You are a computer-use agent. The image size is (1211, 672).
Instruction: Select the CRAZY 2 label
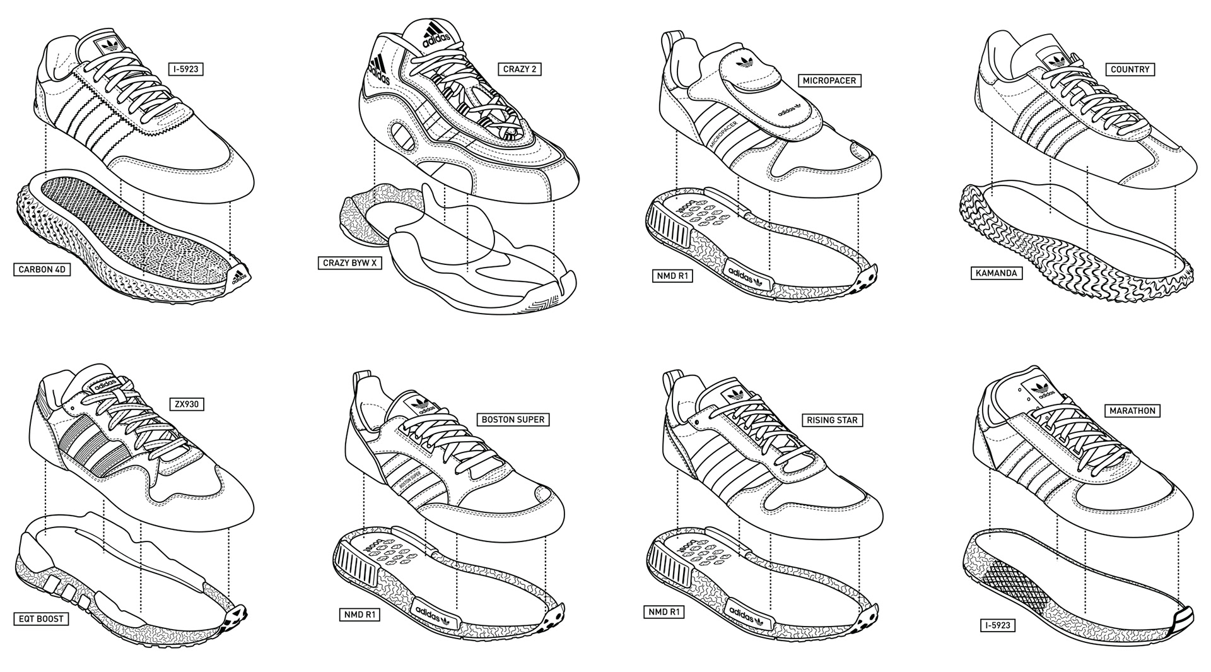point(520,69)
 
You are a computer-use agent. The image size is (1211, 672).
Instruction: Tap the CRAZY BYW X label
point(350,262)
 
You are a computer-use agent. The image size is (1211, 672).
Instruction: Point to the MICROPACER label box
point(829,81)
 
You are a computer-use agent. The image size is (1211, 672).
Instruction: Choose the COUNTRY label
point(1130,69)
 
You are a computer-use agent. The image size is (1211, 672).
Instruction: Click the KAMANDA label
point(996,273)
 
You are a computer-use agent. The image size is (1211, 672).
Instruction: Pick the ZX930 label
point(187,404)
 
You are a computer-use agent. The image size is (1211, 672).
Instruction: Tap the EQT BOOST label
point(41,618)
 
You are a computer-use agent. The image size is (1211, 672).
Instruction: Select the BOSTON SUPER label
point(512,419)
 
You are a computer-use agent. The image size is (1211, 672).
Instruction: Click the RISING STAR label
point(832,420)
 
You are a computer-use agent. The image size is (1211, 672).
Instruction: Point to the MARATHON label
point(1133,411)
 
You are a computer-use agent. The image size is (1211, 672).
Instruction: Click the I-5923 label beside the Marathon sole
point(997,625)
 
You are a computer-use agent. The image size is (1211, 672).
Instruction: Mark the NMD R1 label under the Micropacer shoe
point(672,275)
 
